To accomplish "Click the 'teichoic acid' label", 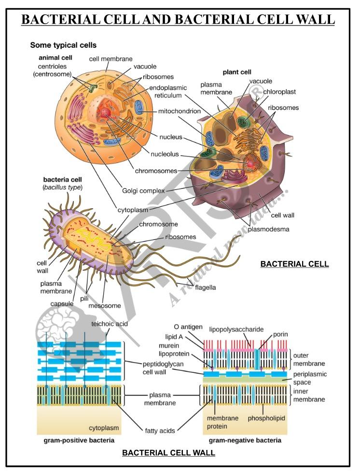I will coord(110,324).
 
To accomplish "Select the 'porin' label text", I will coord(280,334).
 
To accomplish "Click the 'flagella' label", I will coord(205,287).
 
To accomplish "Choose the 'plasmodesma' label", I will coord(268,229).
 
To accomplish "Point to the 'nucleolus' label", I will coord(165,154).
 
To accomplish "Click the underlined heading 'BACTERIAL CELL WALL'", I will coord(168,453).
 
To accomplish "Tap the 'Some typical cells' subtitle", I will coord(63,45).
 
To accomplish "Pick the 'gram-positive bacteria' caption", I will coord(79,440).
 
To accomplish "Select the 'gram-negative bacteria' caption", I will coord(245,440).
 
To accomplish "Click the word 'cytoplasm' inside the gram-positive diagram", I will coord(104,428).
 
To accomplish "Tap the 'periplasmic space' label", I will coord(310,378).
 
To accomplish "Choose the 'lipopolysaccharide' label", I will coord(236,329).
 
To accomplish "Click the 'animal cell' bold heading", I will coord(55,58).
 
